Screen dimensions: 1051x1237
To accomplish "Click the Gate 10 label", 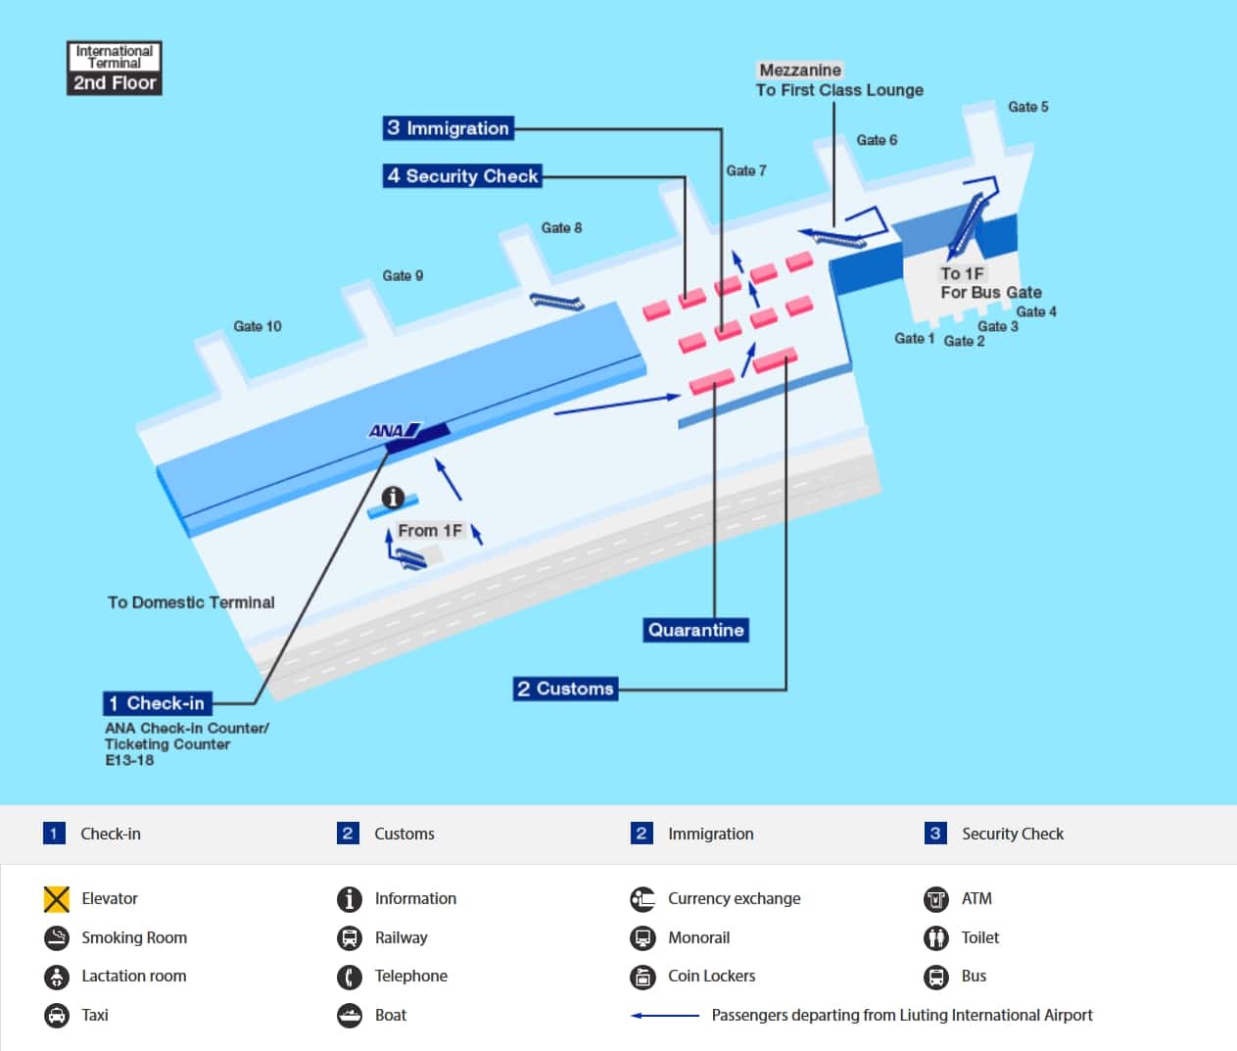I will click(x=257, y=326).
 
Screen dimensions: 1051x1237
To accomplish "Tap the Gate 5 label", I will click(x=1027, y=107).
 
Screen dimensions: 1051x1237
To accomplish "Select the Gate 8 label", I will click(x=561, y=228).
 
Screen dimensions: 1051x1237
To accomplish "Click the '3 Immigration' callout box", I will click(x=448, y=128).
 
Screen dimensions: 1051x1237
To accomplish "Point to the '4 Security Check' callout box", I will click(x=461, y=176).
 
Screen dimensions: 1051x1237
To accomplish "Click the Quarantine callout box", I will click(x=695, y=630).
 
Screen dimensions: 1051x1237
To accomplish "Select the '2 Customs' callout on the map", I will click(x=565, y=689).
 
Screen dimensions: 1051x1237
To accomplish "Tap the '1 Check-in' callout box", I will click(x=157, y=703).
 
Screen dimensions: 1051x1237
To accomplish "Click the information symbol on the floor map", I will click(x=393, y=498).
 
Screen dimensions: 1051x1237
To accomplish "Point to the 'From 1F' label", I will click(x=429, y=531).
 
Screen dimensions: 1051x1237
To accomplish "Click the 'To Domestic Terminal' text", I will click(x=191, y=602).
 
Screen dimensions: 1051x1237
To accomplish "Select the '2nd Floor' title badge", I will click(x=115, y=83).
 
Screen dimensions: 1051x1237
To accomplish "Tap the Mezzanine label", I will click(x=800, y=71).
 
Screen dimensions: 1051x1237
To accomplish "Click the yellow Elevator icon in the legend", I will click(x=57, y=898).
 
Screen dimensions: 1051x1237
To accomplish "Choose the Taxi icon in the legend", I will click(x=57, y=1015).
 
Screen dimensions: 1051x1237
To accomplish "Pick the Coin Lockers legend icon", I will click(x=642, y=977).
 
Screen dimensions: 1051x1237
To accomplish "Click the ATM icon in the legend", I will click(x=936, y=898).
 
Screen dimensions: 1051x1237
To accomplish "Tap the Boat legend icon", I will click(x=350, y=1015).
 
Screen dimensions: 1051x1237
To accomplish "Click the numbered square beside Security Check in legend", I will click(x=935, y=834).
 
